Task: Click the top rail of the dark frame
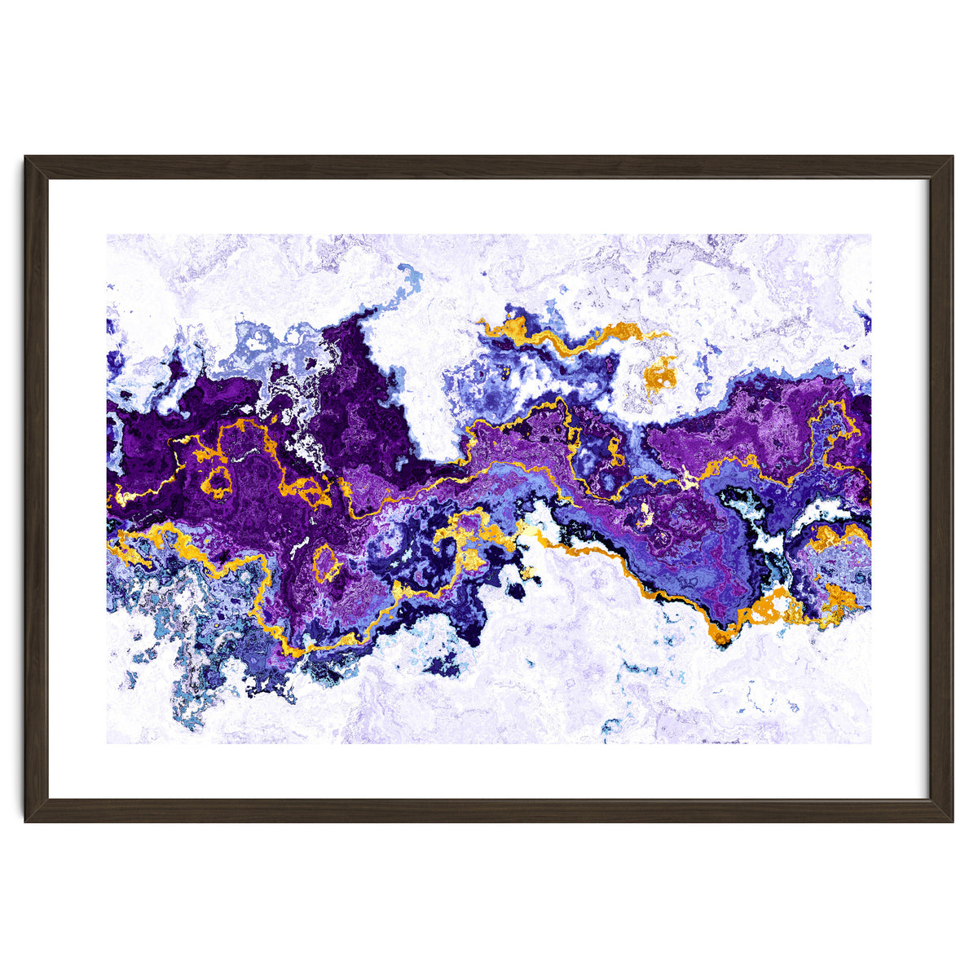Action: tap(489, 167)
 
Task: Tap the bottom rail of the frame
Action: tap(489, 811)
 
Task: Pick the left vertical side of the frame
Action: tap(37, 489)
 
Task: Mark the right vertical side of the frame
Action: tap(941, 489)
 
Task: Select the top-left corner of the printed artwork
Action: tap(108, 236)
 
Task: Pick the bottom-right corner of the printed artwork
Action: tap(870, 742)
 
